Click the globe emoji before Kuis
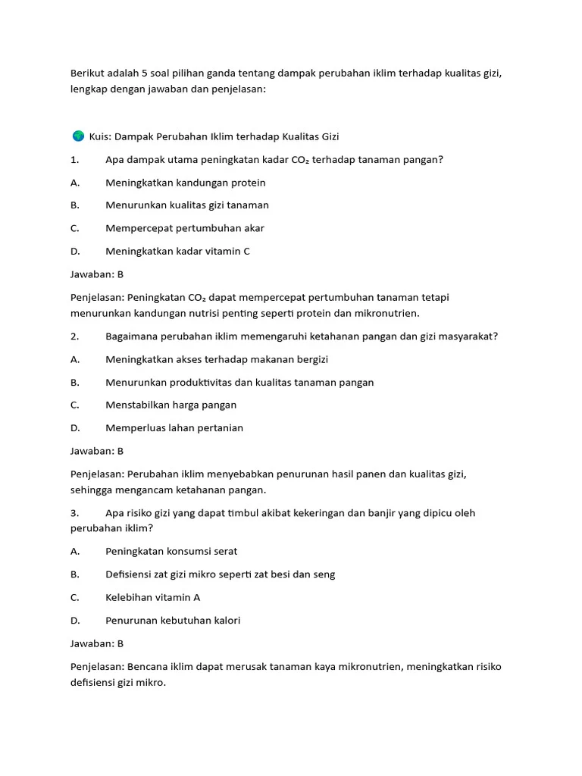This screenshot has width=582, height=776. [78, 136]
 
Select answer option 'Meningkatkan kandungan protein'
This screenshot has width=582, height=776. [185, 183]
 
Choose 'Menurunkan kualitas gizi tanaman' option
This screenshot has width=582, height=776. [187, 205]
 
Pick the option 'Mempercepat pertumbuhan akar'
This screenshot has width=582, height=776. [185, 228]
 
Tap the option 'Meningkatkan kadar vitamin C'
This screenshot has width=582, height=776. [177, 252]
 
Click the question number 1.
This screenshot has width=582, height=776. [74, 160]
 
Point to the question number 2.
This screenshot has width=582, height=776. [74, 336]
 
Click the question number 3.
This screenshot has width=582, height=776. [74, 513]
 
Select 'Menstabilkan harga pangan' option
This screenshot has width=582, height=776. [171, 405]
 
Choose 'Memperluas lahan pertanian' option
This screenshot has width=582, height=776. [174, 428]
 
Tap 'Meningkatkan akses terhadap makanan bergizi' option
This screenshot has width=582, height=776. [217, 359]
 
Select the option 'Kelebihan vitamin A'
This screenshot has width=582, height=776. [153, 597]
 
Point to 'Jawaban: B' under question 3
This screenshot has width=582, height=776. [97, 643]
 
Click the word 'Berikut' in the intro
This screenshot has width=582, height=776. [86, 74]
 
